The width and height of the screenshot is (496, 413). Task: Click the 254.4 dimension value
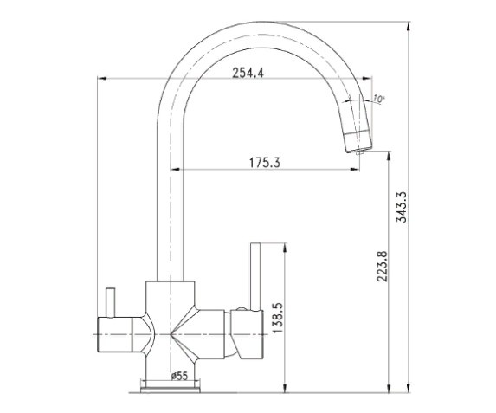click(x=248, y=73)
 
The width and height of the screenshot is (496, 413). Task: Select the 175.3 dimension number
click(x=265, y=163)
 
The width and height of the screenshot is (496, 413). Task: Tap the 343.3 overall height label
click(x=402, y=207)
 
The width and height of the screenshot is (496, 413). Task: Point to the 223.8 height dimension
click(x=382, y=266)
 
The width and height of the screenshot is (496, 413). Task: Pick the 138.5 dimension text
click(x=277, y=318)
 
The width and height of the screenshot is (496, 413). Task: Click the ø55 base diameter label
click(x=179, y=376)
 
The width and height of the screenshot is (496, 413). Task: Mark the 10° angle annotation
click(x=377, y=99)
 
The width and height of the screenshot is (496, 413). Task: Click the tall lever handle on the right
click(x=255, y=276)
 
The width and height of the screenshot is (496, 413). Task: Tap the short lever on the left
click(x=111, y=302)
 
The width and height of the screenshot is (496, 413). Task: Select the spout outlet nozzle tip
click(x=359, y=152)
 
